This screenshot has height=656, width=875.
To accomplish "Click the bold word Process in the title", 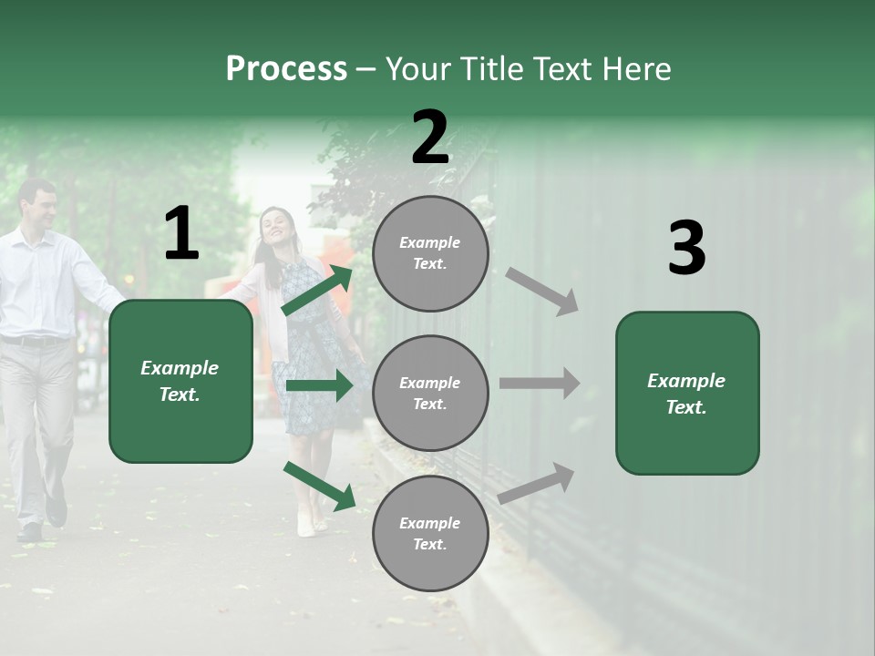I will coord(286,69).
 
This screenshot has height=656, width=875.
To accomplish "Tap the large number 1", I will coord(181,234).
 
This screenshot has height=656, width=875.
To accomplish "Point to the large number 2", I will coord(430,138).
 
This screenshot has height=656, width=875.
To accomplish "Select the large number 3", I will coord(686,249).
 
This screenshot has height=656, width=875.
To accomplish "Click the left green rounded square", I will coord(180,381).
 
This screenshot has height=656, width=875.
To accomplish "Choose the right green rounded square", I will coord(687,393).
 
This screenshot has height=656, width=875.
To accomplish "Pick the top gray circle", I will coord(430,253).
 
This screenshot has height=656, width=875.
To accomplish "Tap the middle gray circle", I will coord(430,393).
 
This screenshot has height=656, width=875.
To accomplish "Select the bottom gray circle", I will coord(430,533).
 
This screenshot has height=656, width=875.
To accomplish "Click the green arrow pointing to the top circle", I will coord(317,290).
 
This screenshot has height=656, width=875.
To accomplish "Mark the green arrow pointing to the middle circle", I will coord(319,386).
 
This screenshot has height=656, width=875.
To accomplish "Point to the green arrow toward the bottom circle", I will coord(319,486).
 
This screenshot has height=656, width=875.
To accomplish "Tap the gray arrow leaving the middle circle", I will coord(540,383).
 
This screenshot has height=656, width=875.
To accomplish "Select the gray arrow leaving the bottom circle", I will coord(537,483).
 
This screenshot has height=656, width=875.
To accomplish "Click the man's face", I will coord(39,206).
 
